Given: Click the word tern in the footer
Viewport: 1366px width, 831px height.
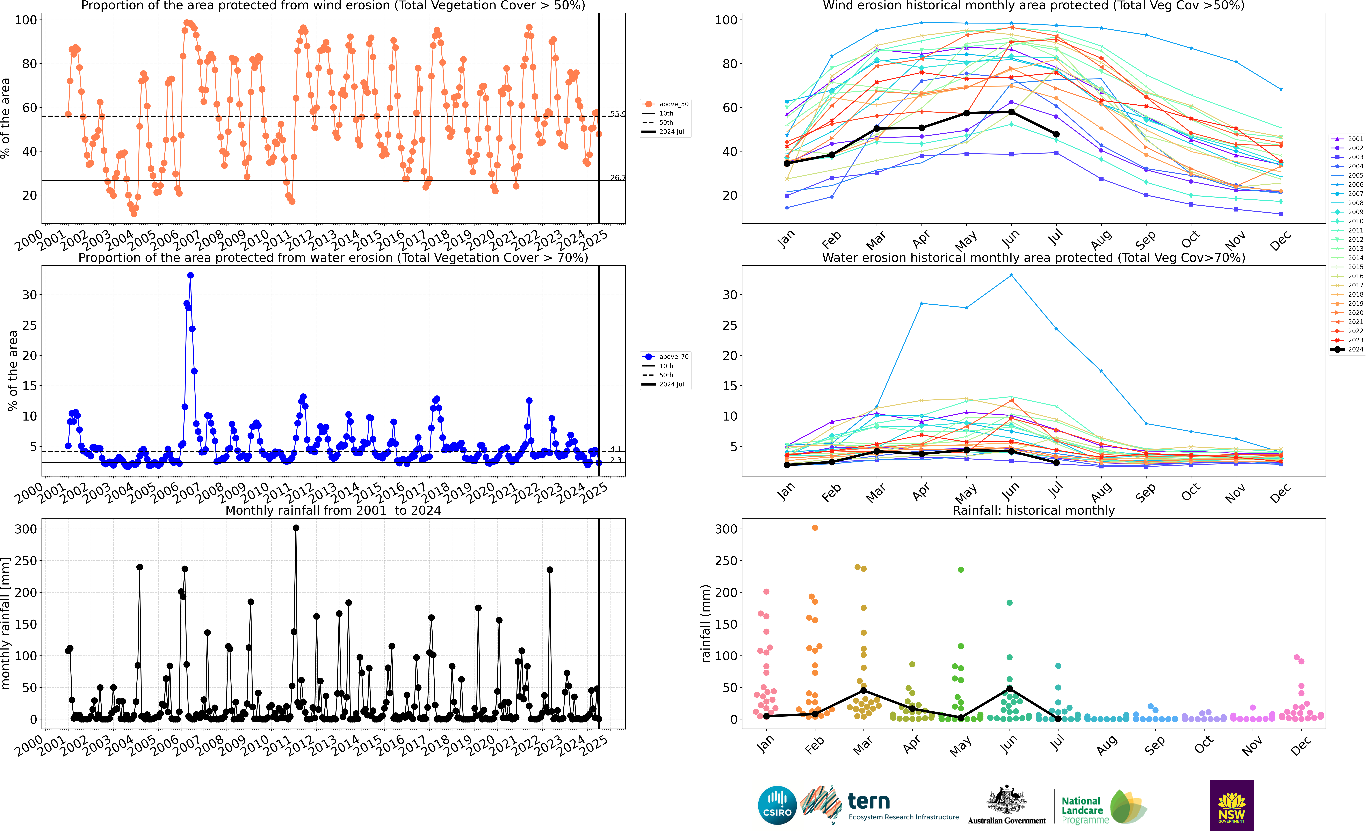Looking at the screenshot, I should pos(869,801).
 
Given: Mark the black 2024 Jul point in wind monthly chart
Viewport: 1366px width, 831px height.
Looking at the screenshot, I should pos(1056,134).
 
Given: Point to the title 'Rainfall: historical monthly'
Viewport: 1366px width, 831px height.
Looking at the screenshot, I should pos(1033,510).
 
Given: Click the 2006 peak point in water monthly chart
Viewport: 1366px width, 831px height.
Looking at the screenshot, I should pos(1011,275).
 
